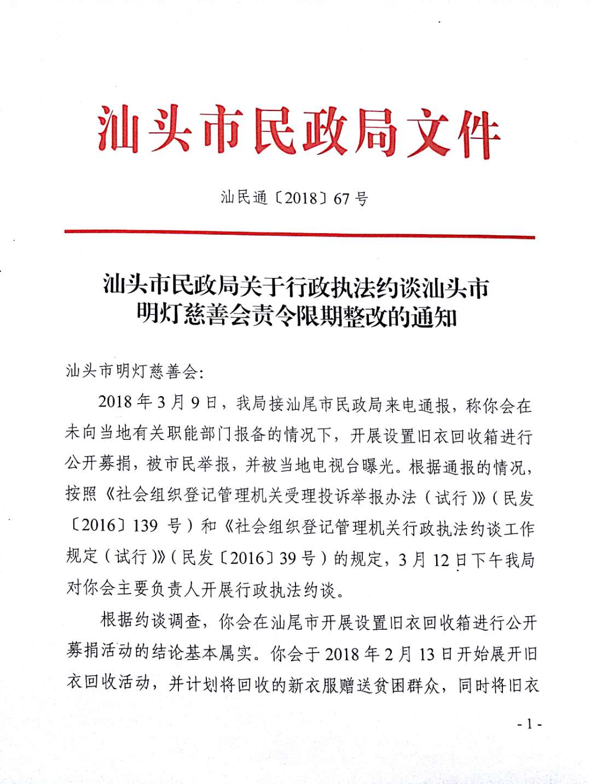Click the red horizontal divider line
click(299, 234)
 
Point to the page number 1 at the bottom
click(529, 724)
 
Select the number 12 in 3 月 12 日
click(441, 560)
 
